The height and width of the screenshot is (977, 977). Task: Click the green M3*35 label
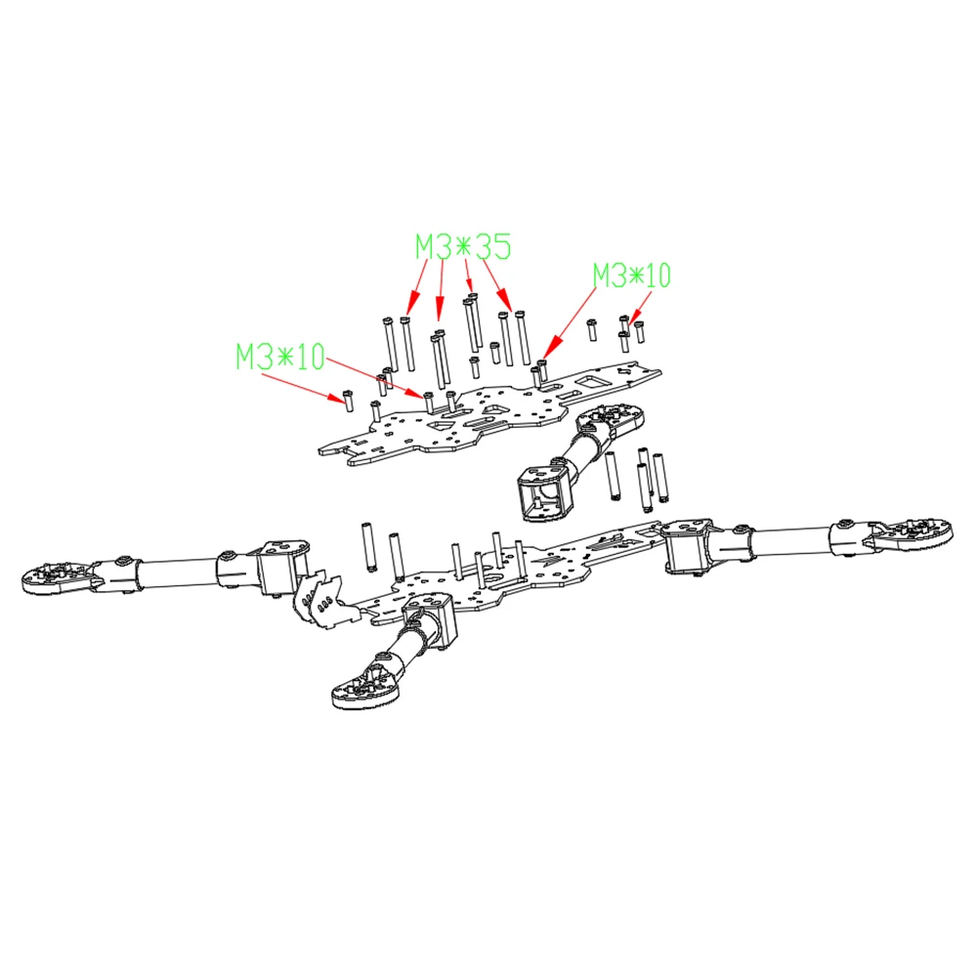coord(462,246)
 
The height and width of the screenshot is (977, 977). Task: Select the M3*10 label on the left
coord(279,357)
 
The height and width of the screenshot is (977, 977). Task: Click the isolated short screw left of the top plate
coord(346,400)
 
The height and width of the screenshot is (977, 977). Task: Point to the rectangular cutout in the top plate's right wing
coord(592,379)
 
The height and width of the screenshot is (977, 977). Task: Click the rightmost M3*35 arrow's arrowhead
coord(511,309)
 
